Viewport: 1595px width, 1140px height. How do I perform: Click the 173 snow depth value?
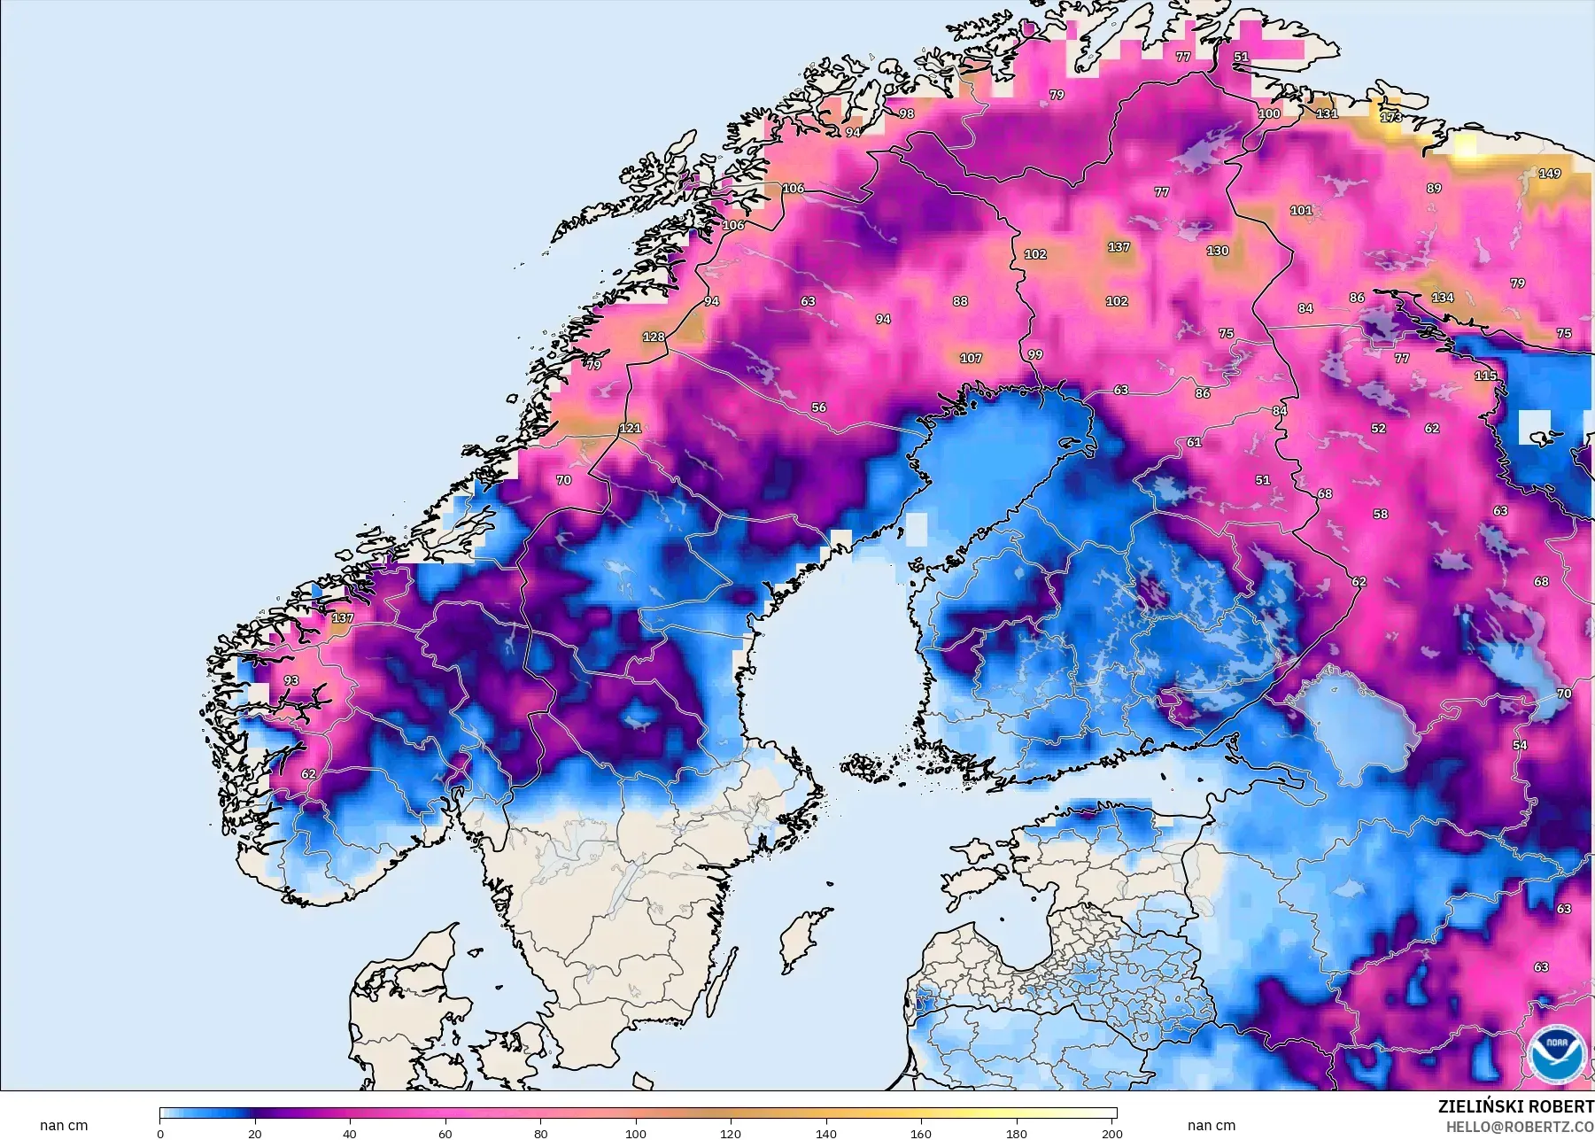click(1391, 117)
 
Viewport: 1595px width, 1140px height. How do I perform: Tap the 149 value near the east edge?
click(1550, 174)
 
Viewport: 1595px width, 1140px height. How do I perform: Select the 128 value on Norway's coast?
click(654, 337)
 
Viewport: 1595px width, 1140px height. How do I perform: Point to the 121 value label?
click(630, 428)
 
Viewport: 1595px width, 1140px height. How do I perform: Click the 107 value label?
click(971, 359)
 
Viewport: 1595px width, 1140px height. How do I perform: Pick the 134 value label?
click(1443, 298)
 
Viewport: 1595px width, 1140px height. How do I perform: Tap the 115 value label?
click(1485, 376)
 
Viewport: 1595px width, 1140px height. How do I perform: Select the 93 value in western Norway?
click(291, 680)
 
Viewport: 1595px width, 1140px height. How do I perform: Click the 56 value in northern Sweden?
click(819, 407)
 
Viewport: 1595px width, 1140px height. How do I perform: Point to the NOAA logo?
click(1558, 1053)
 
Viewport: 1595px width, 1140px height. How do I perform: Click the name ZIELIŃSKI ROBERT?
click(1515, 1106)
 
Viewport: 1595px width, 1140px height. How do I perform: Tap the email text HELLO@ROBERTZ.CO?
click(1520, 1128)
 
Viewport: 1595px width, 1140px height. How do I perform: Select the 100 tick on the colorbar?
click(636, 1133)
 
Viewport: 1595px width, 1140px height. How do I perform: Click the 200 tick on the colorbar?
click(1112, 1133)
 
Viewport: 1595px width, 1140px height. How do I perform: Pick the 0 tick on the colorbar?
click(160, 1133)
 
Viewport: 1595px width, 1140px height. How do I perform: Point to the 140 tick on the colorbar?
click(826, 1133)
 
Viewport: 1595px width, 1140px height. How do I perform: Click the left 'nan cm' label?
click(64, 1126)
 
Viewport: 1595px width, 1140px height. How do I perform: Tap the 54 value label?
click(1520, 745)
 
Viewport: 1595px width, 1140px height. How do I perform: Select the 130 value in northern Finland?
click(1218, 251)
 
